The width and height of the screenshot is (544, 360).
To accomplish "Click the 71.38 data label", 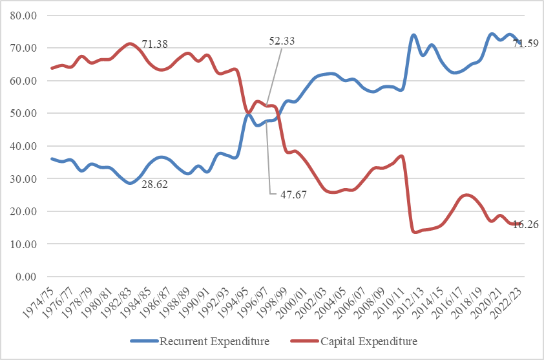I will [x=156, y=45].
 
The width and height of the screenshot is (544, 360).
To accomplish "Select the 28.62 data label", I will [x=155, y=184].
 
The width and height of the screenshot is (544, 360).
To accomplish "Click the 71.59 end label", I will [x=525, y=45].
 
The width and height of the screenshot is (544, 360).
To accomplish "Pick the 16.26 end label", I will [x=526, y=224].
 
